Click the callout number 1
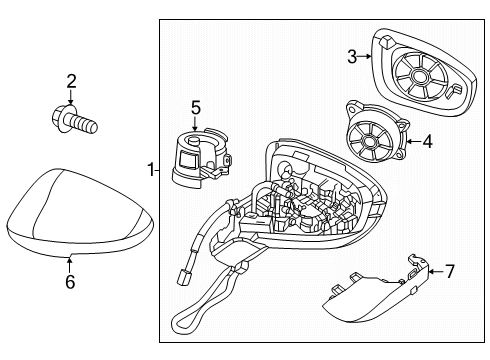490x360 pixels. coord(151,170)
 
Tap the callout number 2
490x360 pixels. coord(71,81)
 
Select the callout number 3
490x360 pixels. coord(352,56)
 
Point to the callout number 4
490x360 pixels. coord(427,141)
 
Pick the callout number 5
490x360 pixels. coord(196,108)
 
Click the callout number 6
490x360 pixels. coord(70,282)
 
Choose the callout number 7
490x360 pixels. coord(450,271)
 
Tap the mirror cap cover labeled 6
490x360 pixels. coord(80,213)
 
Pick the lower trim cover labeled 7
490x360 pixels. coord(376,290)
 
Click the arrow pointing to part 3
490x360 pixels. coord(364,56)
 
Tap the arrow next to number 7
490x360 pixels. coord(436,272)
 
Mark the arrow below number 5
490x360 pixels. coord(195,123)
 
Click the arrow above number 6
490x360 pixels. coord(69,265)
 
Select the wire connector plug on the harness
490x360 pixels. coord(183,278)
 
